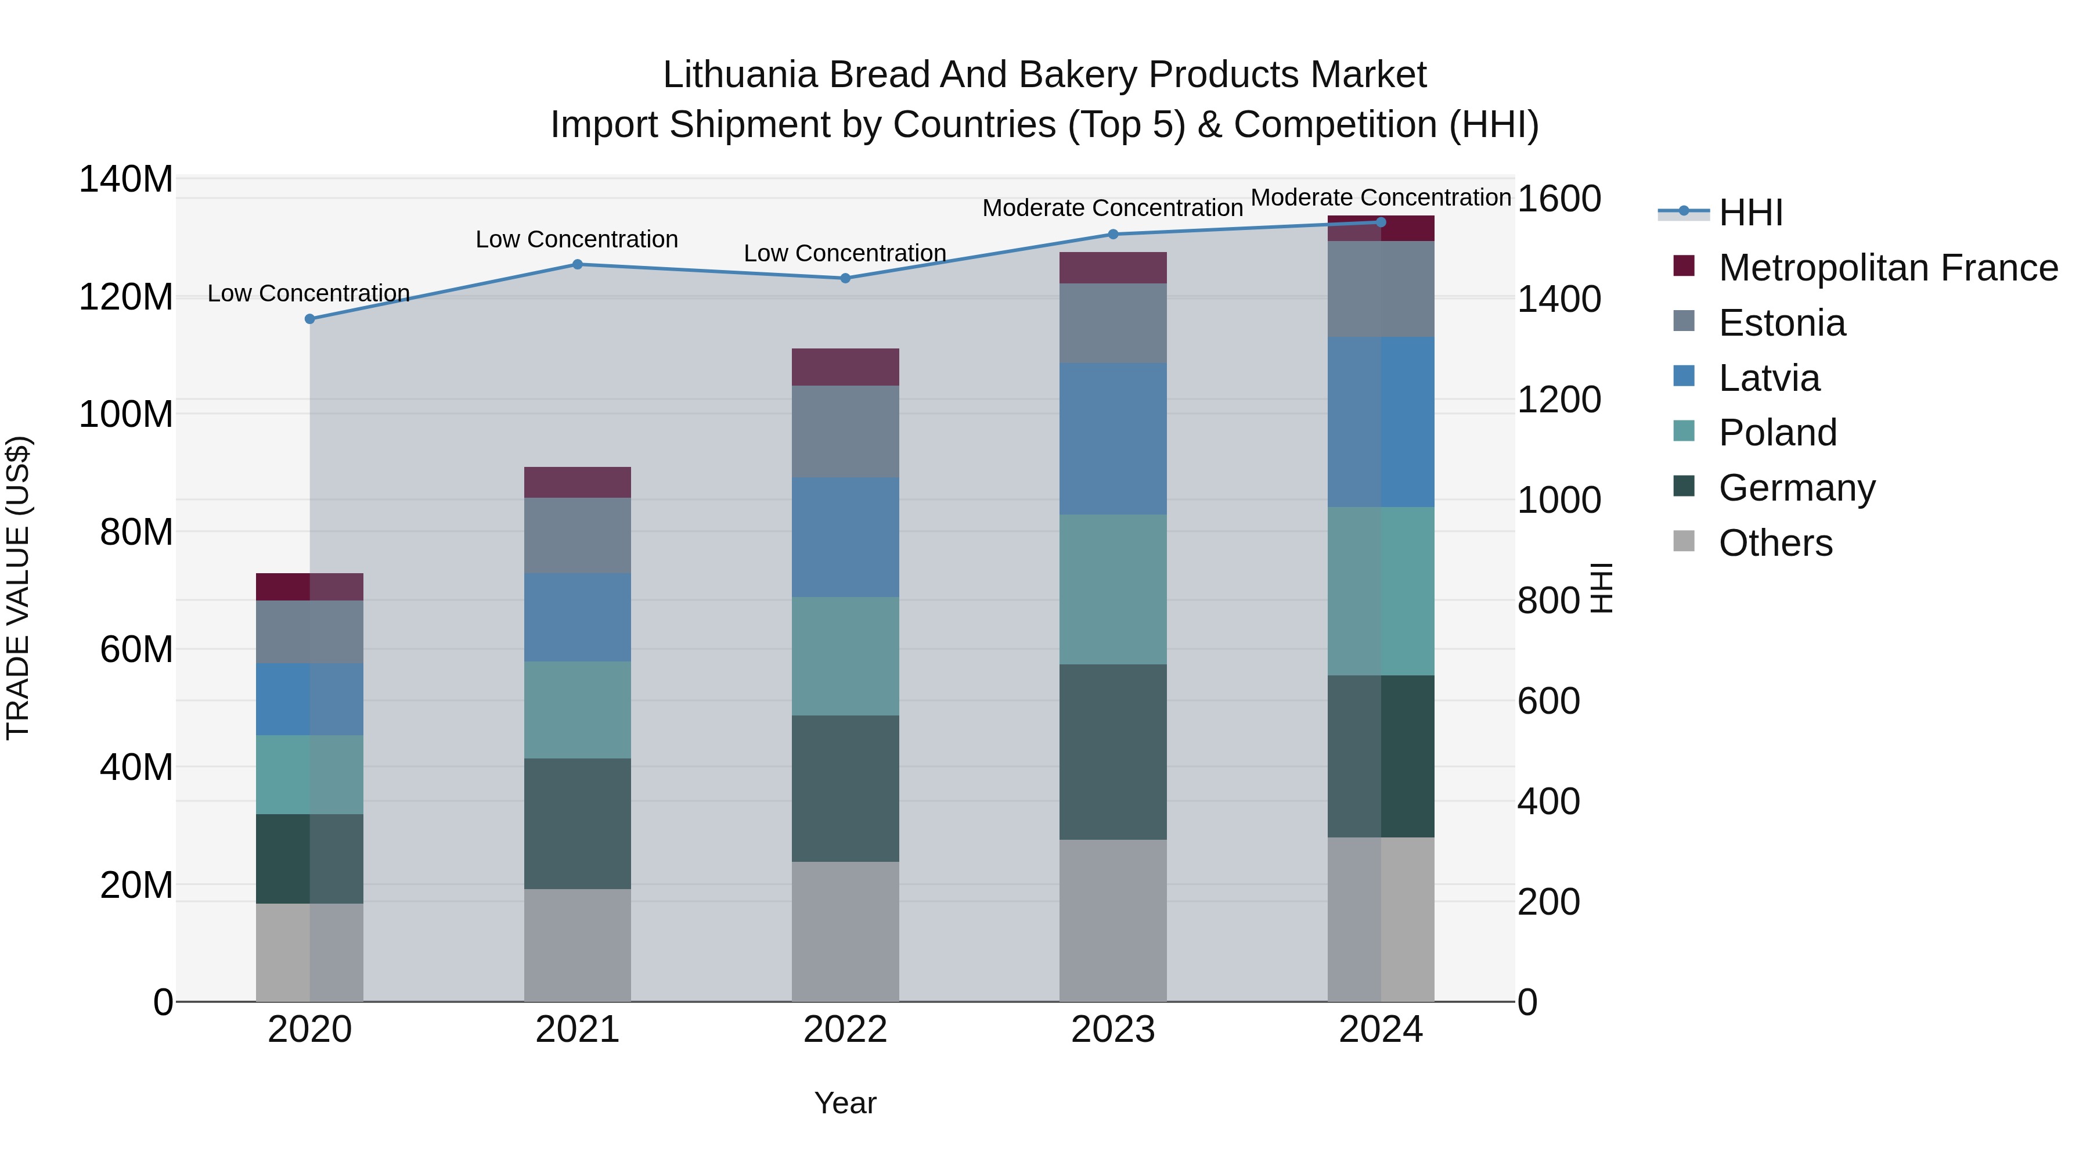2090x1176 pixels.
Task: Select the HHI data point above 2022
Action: (x=845, y=278)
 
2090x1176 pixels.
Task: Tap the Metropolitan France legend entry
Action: (x=1888, y=268)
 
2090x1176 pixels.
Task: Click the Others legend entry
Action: (x=1775, y=543)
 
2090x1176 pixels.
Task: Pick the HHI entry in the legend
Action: (x=1750, y=213)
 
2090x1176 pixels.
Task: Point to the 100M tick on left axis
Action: (x=126, y=415)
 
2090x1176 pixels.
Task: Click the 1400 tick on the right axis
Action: (x=1558, y=300)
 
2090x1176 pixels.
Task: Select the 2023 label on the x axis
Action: (x=1113, y=1030)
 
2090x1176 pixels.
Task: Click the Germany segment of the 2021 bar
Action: (x=578, y=823)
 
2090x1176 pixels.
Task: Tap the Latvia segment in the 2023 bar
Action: (x=1113, y=438)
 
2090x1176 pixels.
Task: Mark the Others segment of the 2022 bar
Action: (x=845, y=932)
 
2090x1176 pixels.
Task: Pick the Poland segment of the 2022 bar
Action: (x=845, y=657)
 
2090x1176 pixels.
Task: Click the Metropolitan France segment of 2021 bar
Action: (x=578, y=482)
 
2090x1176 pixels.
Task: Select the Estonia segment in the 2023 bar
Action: (x=1113, y=323)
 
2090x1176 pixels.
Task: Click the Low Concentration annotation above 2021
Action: (x=577, y=239)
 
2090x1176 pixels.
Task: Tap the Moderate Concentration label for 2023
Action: (x=1112, y=208)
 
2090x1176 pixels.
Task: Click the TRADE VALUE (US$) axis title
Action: (x=18, y=588)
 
